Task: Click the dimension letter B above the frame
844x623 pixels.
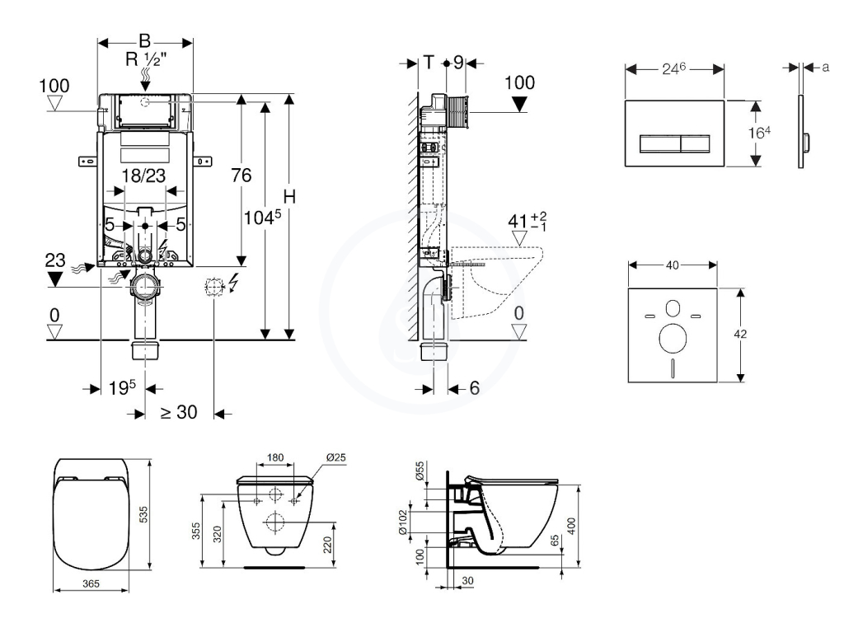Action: (144, 41)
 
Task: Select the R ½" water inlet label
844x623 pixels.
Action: (146, 59)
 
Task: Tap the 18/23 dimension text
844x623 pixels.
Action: (143, 176)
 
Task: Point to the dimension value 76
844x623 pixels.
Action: (241, 175)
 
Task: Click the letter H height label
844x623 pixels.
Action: (289, 197)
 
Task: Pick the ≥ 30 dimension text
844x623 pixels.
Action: (179, 412)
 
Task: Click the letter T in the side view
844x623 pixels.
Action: (429, 63)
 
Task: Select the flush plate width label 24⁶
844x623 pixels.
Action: (674, 68)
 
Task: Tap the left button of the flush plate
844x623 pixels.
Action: (660, 143)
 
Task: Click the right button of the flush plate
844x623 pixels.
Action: (696, 143)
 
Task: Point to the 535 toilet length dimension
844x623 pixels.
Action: (143, 514)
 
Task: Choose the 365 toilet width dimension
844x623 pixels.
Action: (91, 583)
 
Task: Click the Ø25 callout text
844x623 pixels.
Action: (336, 458)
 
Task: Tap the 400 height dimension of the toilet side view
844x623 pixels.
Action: (572, 526)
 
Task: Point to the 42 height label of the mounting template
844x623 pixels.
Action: (740, 334)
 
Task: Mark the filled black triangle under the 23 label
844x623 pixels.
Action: (55, 279)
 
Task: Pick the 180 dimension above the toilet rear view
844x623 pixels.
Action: (275, 458)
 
